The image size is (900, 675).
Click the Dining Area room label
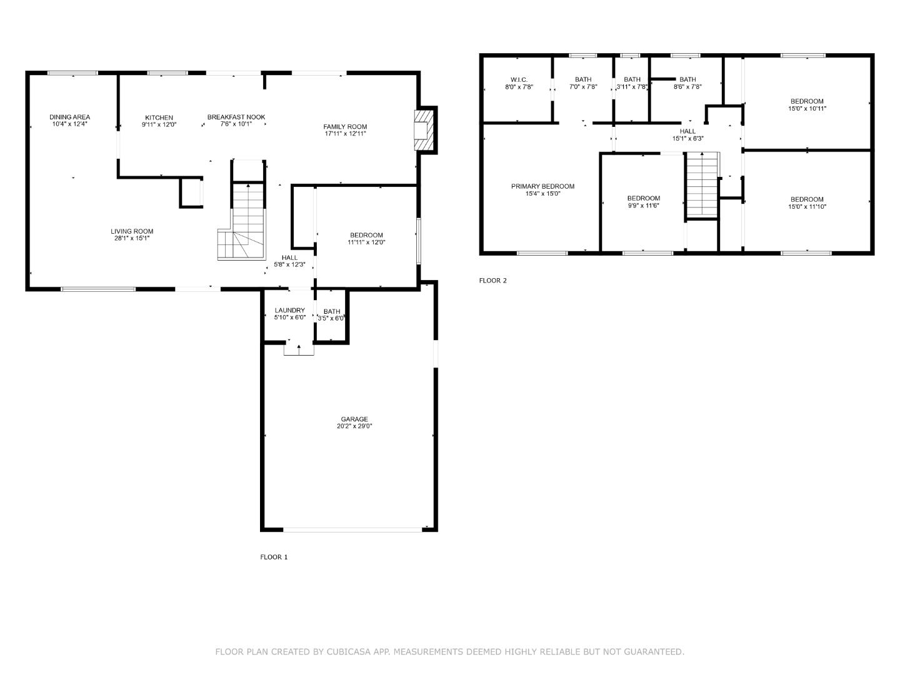pos(70,117)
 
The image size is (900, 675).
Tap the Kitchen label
pos(159,117)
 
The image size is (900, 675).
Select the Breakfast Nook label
pos(236,117)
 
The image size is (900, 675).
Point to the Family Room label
pos(345,127)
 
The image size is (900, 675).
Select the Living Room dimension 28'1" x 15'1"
pos(132,238)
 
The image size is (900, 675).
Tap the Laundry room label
pos(290,311)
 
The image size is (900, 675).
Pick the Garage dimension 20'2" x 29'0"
pos(354,426)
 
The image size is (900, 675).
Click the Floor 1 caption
pos(274,557)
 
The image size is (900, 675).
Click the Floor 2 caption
pos(492,281)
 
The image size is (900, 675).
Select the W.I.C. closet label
pos(519,79)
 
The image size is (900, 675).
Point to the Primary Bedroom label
pos(542,186)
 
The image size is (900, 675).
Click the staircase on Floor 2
pos(702,185)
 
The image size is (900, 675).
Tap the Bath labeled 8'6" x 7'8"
pos(687,79)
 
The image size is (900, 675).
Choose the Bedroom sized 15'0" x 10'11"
pos(807,101)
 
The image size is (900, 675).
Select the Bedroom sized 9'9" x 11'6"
pos(644,198)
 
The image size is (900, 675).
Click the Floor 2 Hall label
pos(687,131)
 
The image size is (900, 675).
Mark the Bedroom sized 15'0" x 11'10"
pos(807,199)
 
